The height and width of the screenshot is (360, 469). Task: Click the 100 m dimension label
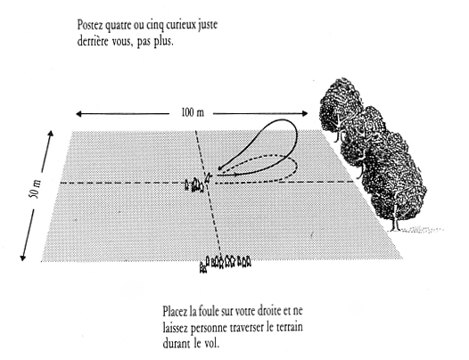pyautogui.click(x=193, y=113)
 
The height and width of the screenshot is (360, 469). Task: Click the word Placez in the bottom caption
pyautogui.click(x=175, y=311)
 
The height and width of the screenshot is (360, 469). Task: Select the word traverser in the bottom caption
pyautogui.click(x=248, y=327)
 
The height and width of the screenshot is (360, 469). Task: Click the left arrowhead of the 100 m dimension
pyautogui.click(x=78, y=114)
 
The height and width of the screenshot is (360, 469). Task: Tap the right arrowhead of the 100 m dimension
pyautogui.click(x=305, y=113)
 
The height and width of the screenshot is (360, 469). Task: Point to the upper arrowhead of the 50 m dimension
pyautogui.click(x=51, y=134)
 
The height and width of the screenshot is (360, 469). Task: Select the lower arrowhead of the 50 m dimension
pyautogui.click(x=22, y=258)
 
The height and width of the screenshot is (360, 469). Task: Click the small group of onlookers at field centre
pyautogui.click(x=194, y=184)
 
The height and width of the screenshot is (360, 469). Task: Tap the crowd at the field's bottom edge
pyautogui.click(x=226, y=263)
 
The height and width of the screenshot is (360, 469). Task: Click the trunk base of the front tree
pyautogui.click(x=395, y=229)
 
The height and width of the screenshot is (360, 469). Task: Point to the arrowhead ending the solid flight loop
pyautogui.click(x=220, y=168)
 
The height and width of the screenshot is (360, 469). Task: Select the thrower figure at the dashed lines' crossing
pyautogui.click(x=208, y=177)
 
